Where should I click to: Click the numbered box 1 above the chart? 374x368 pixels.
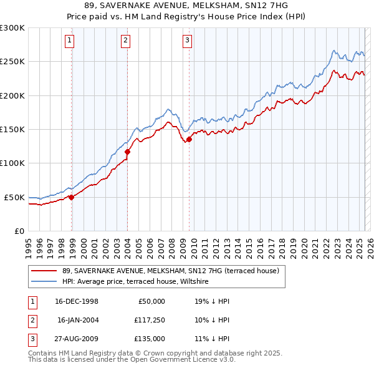click(69, 41)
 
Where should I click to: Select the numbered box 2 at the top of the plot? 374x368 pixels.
click(125, 41)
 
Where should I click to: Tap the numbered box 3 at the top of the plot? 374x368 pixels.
click(187, 41)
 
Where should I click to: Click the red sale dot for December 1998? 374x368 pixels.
click(72, 197)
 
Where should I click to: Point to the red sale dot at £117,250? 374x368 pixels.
click(127, 152)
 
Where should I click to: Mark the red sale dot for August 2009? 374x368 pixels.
click(189, 140)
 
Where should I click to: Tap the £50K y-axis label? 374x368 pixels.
click(14, 197)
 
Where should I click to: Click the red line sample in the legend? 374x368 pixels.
click(44, 271)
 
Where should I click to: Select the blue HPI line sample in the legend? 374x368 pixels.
click(44, 282)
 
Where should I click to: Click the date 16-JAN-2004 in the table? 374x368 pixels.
click(78, 320)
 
